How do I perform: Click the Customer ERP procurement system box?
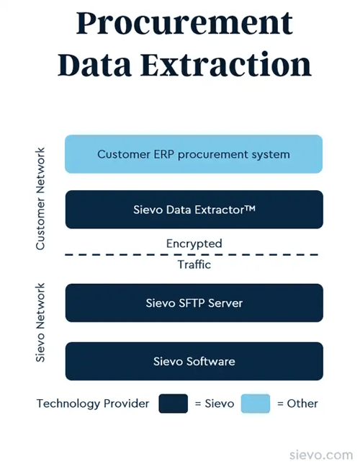194,154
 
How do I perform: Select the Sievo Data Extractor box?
194,210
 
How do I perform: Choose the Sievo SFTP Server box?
194,303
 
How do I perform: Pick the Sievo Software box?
194,361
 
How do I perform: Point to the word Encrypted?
194,244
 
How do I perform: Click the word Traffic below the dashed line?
194,264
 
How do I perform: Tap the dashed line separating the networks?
108,254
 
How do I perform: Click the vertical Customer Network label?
40,199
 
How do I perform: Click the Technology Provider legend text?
93,403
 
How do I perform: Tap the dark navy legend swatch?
173,403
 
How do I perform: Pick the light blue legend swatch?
256,403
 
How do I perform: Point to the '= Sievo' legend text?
215,403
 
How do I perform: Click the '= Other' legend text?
297,403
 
